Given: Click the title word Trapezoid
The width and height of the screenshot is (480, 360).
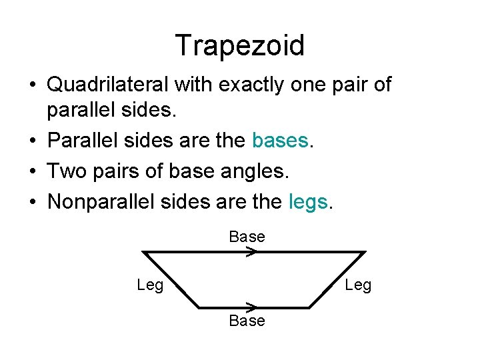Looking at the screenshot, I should (240, 45).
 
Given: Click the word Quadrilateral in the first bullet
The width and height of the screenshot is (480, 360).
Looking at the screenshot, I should (108, 85).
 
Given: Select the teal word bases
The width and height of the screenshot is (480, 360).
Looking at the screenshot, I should (280, 141).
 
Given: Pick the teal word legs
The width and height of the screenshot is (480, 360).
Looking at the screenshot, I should (309, 201).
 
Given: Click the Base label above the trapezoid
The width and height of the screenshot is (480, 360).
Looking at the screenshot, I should (247, 237).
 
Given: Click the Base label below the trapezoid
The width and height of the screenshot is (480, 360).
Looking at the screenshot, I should (247, 321).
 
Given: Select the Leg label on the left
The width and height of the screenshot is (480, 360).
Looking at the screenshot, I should (150, 285).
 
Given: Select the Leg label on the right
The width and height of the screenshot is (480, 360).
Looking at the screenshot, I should (358, 285).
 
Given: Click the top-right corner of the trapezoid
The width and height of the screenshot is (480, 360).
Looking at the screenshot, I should (365, 252).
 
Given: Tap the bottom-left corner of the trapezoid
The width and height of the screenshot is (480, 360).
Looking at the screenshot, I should (199, 307).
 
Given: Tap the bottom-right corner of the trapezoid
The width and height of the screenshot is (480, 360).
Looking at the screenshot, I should (309, 307).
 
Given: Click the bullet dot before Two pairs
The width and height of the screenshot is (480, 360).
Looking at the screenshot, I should (32, 171).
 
